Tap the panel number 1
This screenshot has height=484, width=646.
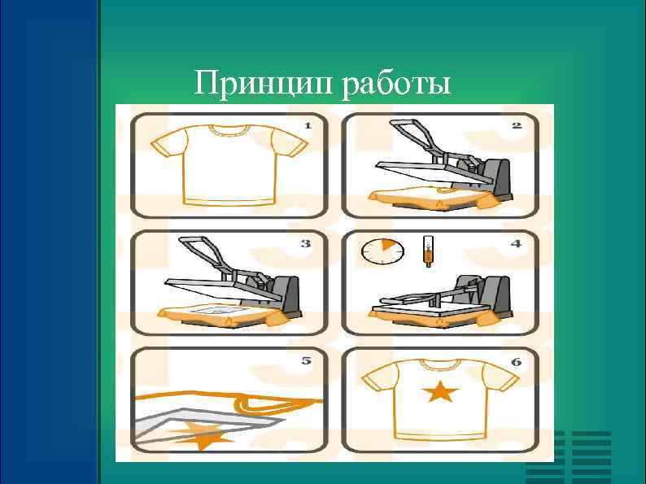click(x=308, y=125)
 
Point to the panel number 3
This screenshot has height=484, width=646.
click(x=307, y=242)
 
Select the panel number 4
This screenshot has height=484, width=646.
click(x=516, y=242)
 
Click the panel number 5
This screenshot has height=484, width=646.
click(x=307, y=360)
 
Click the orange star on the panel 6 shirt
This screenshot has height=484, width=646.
click(x=440, y=393)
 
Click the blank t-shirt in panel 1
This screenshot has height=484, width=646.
click(x=229, y=163)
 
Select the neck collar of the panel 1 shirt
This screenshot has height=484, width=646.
click(x=229, y=129)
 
